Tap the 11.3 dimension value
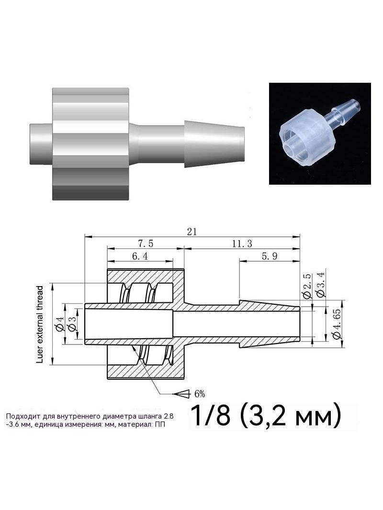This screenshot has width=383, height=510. [x=242, y=244]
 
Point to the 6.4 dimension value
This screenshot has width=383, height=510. [x=140, y=256]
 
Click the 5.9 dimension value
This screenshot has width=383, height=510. [x=270, y=256]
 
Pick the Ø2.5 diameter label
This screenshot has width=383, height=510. [x=307, y=286]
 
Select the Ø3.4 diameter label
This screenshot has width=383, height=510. [x=320, y=284]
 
